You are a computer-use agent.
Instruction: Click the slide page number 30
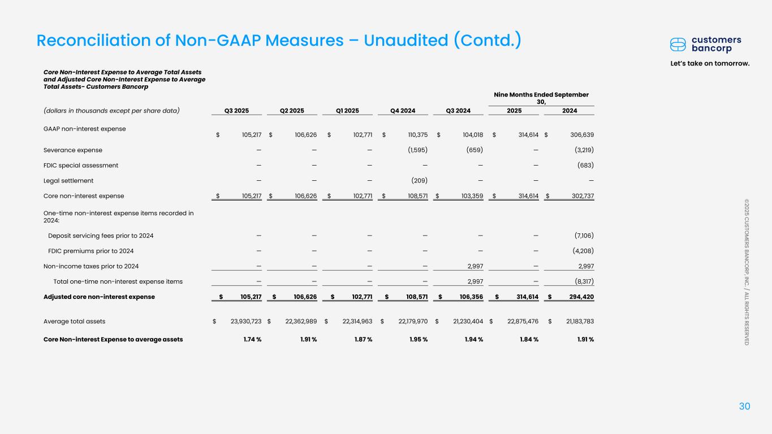744,406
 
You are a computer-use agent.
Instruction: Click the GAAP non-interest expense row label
84,129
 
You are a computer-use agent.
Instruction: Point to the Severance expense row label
73,150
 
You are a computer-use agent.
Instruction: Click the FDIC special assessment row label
81,166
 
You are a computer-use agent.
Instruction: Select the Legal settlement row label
68,181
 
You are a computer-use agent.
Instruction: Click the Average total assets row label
74,322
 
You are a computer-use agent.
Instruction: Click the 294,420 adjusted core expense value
577,297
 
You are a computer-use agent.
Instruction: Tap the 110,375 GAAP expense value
414,134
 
